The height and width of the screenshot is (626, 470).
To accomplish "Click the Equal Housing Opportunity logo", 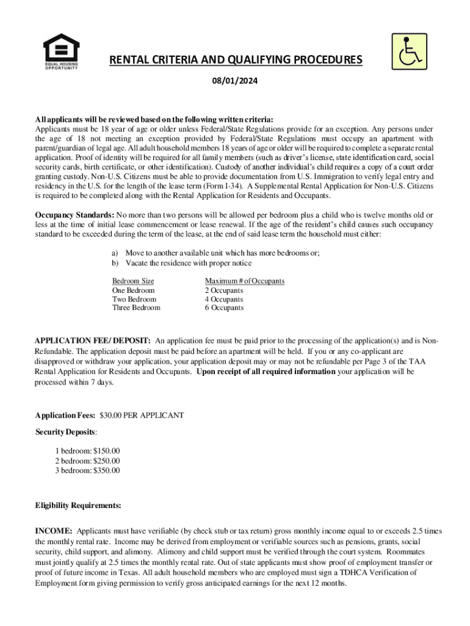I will tap(61, 51).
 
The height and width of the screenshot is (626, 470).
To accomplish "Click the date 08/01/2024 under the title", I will tap(235, 80).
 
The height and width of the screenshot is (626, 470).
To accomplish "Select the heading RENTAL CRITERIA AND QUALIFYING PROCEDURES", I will tap(236, 60).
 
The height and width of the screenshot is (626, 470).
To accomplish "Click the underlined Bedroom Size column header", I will tap(133, 281).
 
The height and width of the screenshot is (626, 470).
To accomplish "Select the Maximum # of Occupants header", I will tap(244, 281).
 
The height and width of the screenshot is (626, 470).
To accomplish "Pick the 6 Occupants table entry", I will tap(223, 307).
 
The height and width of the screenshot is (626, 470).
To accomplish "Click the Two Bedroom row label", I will tap(134, 299).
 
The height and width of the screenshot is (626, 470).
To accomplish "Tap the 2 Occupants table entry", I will tap(223, 290).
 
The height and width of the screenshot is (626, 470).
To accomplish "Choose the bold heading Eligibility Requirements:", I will tap(78, 506).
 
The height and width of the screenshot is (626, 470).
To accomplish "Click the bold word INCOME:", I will tap(54, 531).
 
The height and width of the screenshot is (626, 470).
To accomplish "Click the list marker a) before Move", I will tap(114, 253).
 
